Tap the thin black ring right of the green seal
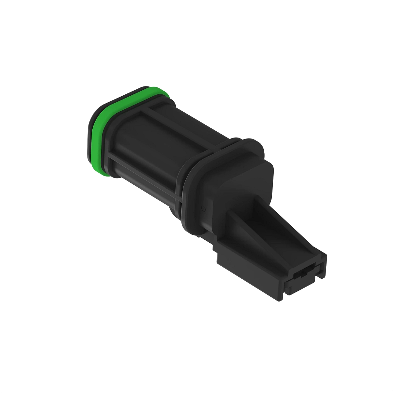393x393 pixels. coord(108,138)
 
